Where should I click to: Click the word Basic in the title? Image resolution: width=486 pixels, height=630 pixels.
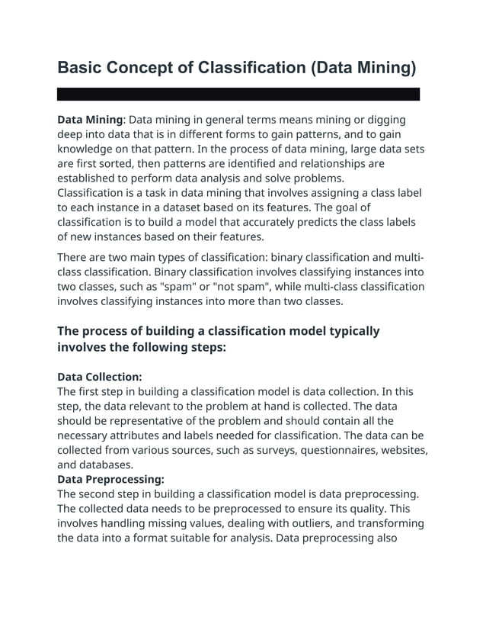point(81,67)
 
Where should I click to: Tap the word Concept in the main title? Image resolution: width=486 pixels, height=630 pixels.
point(148,67)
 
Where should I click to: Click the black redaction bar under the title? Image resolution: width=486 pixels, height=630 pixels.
point(238,95)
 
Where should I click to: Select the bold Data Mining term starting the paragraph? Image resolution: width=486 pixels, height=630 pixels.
point(90,120)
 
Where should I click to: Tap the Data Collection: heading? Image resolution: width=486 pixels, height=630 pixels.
point(100,377)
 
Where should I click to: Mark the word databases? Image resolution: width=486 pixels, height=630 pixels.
point(109,464)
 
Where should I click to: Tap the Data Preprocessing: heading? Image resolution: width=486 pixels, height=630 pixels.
point(110,479)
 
